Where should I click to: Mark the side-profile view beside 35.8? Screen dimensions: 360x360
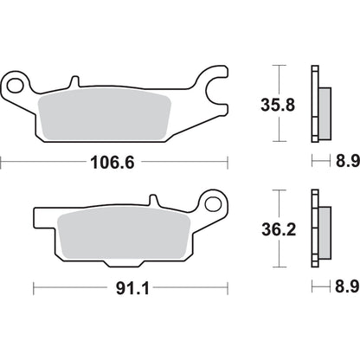coord(318,105)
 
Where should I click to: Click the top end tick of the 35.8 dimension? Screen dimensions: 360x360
coord(278,66)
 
